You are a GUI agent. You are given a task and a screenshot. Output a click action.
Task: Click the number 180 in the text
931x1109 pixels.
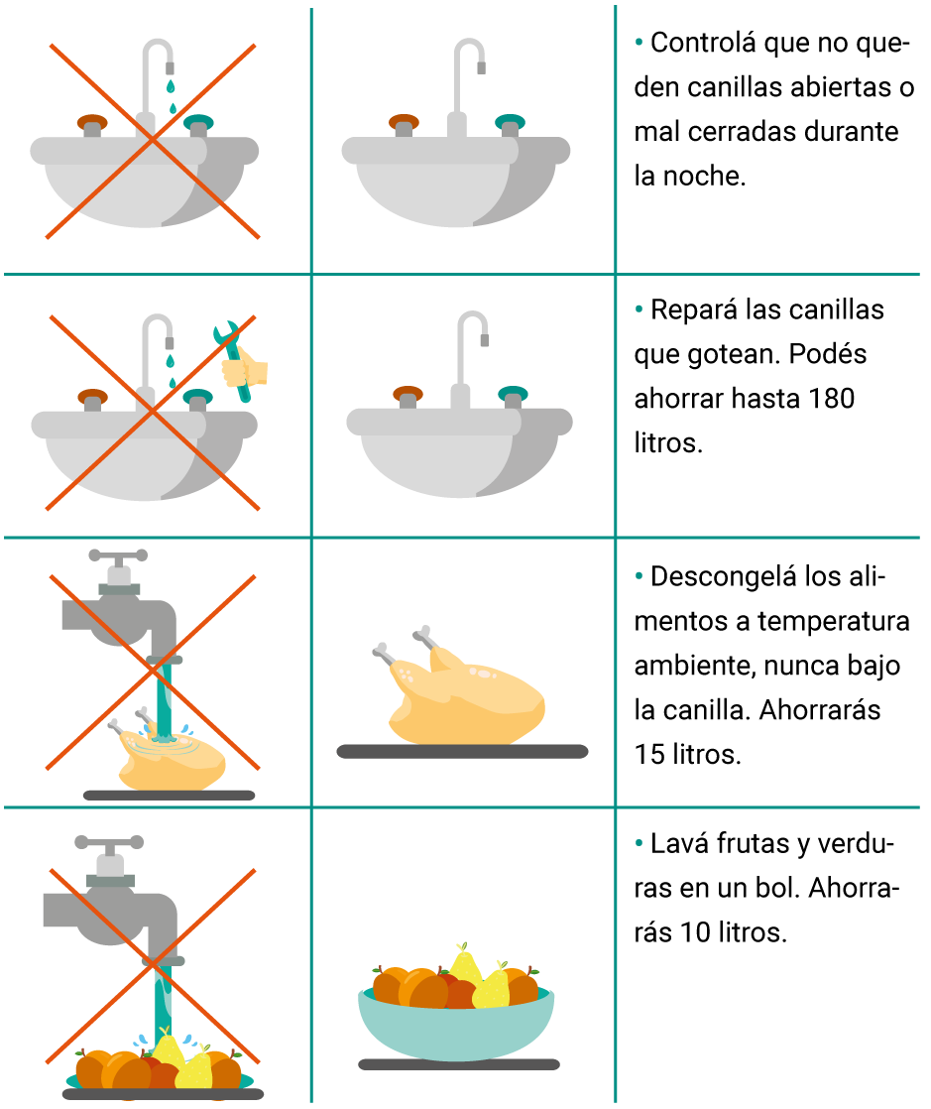pyautogui.click(x=831, y=399)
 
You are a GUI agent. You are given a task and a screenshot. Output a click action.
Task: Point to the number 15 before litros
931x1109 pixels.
pyautogui.click(x=649, y=755)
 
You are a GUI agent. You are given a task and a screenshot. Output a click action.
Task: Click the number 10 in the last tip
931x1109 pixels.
pyautogui.click(x=696, y=932)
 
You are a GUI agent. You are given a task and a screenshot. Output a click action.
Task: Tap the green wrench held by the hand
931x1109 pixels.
pyautogui.click(x=234, y=361)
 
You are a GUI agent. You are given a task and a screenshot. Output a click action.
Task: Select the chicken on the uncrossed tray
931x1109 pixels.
pyautogui.click(x=458, y=688)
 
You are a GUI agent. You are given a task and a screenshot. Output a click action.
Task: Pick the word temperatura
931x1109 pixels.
pyautogui.click(x=834, y=622)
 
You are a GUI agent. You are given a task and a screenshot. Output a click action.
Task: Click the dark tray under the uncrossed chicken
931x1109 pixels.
pyautogui.click(x=462, y=751)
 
